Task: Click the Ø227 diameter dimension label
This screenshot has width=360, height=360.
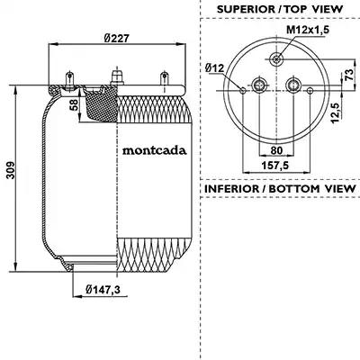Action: click(x=117, y=39)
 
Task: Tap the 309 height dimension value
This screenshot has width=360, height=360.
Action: click(x=11, y=170)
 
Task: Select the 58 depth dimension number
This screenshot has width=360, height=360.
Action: click(x=74, y=105)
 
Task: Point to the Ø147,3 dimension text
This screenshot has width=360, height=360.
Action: click(x=103, y=290)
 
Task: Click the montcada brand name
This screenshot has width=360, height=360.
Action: click(x=154, y=150)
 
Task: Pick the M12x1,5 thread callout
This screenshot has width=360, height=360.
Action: click(x=308, y=30)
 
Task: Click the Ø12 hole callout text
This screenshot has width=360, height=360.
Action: click(x=214, y=68)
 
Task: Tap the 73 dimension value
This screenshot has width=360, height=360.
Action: click(x=349, y=75)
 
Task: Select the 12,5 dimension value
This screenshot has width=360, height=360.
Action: click(x=336, y=112)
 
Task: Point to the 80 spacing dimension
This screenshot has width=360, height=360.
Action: click(x=276, y=150)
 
